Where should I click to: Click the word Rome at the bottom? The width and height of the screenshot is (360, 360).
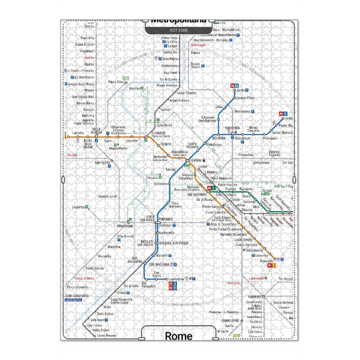(178, 335)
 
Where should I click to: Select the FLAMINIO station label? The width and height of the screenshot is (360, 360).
(158, 134)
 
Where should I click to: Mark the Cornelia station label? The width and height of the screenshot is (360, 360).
(78, 133)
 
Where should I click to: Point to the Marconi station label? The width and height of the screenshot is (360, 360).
(161, 254)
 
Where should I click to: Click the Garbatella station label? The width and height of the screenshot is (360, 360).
(166, 233)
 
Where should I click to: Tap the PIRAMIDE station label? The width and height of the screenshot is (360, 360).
(166, 220)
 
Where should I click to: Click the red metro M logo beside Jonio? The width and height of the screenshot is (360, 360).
(236, 85)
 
